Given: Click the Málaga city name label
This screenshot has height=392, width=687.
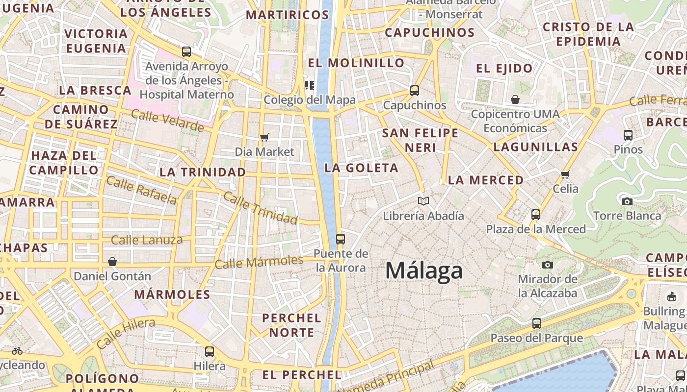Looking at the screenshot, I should coord(424,270).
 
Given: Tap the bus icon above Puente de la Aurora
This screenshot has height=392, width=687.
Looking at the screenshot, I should coord(340,239).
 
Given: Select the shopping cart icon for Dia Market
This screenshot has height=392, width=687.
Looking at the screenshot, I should coord(264,137).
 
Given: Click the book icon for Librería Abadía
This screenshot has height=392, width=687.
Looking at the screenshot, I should coord(423,201).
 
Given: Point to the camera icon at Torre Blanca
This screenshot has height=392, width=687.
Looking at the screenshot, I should coord(627,201).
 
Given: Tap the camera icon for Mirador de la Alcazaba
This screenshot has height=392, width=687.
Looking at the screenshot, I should coord(548,265).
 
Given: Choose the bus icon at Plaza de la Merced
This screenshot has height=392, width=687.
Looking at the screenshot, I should coord(536,214).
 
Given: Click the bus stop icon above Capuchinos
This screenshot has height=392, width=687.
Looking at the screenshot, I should coord(415,90).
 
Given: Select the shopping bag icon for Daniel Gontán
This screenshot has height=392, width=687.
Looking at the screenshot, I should coord(112,262).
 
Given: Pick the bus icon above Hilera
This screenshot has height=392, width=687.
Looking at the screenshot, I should coord(210,351).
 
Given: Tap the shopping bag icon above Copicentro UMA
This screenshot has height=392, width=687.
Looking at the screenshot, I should coord(515,99).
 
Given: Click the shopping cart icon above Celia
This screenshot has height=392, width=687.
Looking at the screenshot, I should coord(565,174).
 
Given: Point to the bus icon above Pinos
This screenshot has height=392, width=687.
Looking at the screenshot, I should coord(628,135).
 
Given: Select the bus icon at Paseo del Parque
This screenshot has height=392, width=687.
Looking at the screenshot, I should coord(537,323).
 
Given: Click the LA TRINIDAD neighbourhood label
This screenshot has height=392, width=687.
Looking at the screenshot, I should coord(203,172).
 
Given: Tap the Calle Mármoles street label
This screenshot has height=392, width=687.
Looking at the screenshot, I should coord(259,262).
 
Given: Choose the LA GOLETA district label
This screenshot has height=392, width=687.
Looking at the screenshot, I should coord(361,168).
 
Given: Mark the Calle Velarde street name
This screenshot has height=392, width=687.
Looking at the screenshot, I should coord(167,121).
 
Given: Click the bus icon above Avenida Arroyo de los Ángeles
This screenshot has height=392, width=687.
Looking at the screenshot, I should coord(186,51).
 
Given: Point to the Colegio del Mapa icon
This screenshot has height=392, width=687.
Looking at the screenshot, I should coord(309,85).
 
